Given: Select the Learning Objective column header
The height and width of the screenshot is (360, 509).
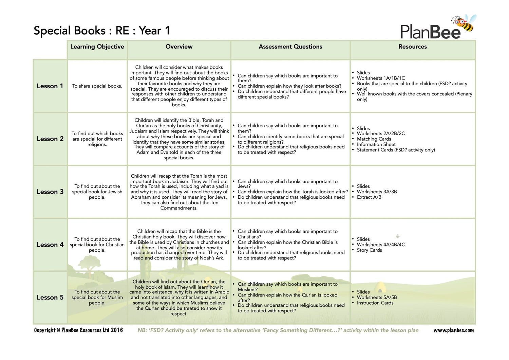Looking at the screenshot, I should pyautogui.click(x=97, y=47).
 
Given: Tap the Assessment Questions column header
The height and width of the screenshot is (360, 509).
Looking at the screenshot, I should pyautogui.click(x=290, y=47).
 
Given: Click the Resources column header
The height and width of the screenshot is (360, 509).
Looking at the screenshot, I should pyautogui.click(x=412, y=47).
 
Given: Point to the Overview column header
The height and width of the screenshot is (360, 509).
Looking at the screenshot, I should pyautogui.click(x=179, y=47).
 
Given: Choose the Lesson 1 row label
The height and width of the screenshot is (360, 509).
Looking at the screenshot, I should pyautogui.click(x=50, y=86).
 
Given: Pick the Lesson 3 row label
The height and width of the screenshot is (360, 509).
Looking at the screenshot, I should pyautogui.click(x=50, y=192).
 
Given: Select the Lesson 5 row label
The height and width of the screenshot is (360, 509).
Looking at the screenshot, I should pyautogui.click(x=50, y=298).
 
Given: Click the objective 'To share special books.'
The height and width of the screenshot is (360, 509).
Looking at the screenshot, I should pyautogui.click(x=97, y=86).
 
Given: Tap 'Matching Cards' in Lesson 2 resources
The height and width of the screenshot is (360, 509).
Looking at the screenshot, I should pyautogui.click(x=374, y=139).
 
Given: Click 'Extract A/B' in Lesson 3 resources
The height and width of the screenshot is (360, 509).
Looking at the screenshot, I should pyautogui.click(x=369, y=197).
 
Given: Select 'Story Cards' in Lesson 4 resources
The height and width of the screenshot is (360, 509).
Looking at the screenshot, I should pyautogui.click(x=369, y=250).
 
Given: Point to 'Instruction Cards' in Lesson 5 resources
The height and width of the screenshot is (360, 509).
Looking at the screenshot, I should pyautogui.click(x=375, y=303).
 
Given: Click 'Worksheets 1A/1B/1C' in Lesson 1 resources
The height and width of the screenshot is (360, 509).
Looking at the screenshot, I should pyautogui.click(x=381, y=78).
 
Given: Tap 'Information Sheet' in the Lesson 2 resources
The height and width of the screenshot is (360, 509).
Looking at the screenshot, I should pyautogui.click(x=376, y=144).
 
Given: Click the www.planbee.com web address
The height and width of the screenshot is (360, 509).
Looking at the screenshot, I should pyautogui.click(x=453, y=330).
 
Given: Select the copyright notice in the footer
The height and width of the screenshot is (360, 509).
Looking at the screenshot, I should pyautogui.click(x=78, y=330).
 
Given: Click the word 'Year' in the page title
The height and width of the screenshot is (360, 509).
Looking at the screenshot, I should pyautogui.click(x=150, y=31).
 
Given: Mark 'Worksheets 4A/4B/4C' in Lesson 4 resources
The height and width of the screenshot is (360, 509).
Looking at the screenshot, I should pyautogui.click(x=381, y=245).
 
